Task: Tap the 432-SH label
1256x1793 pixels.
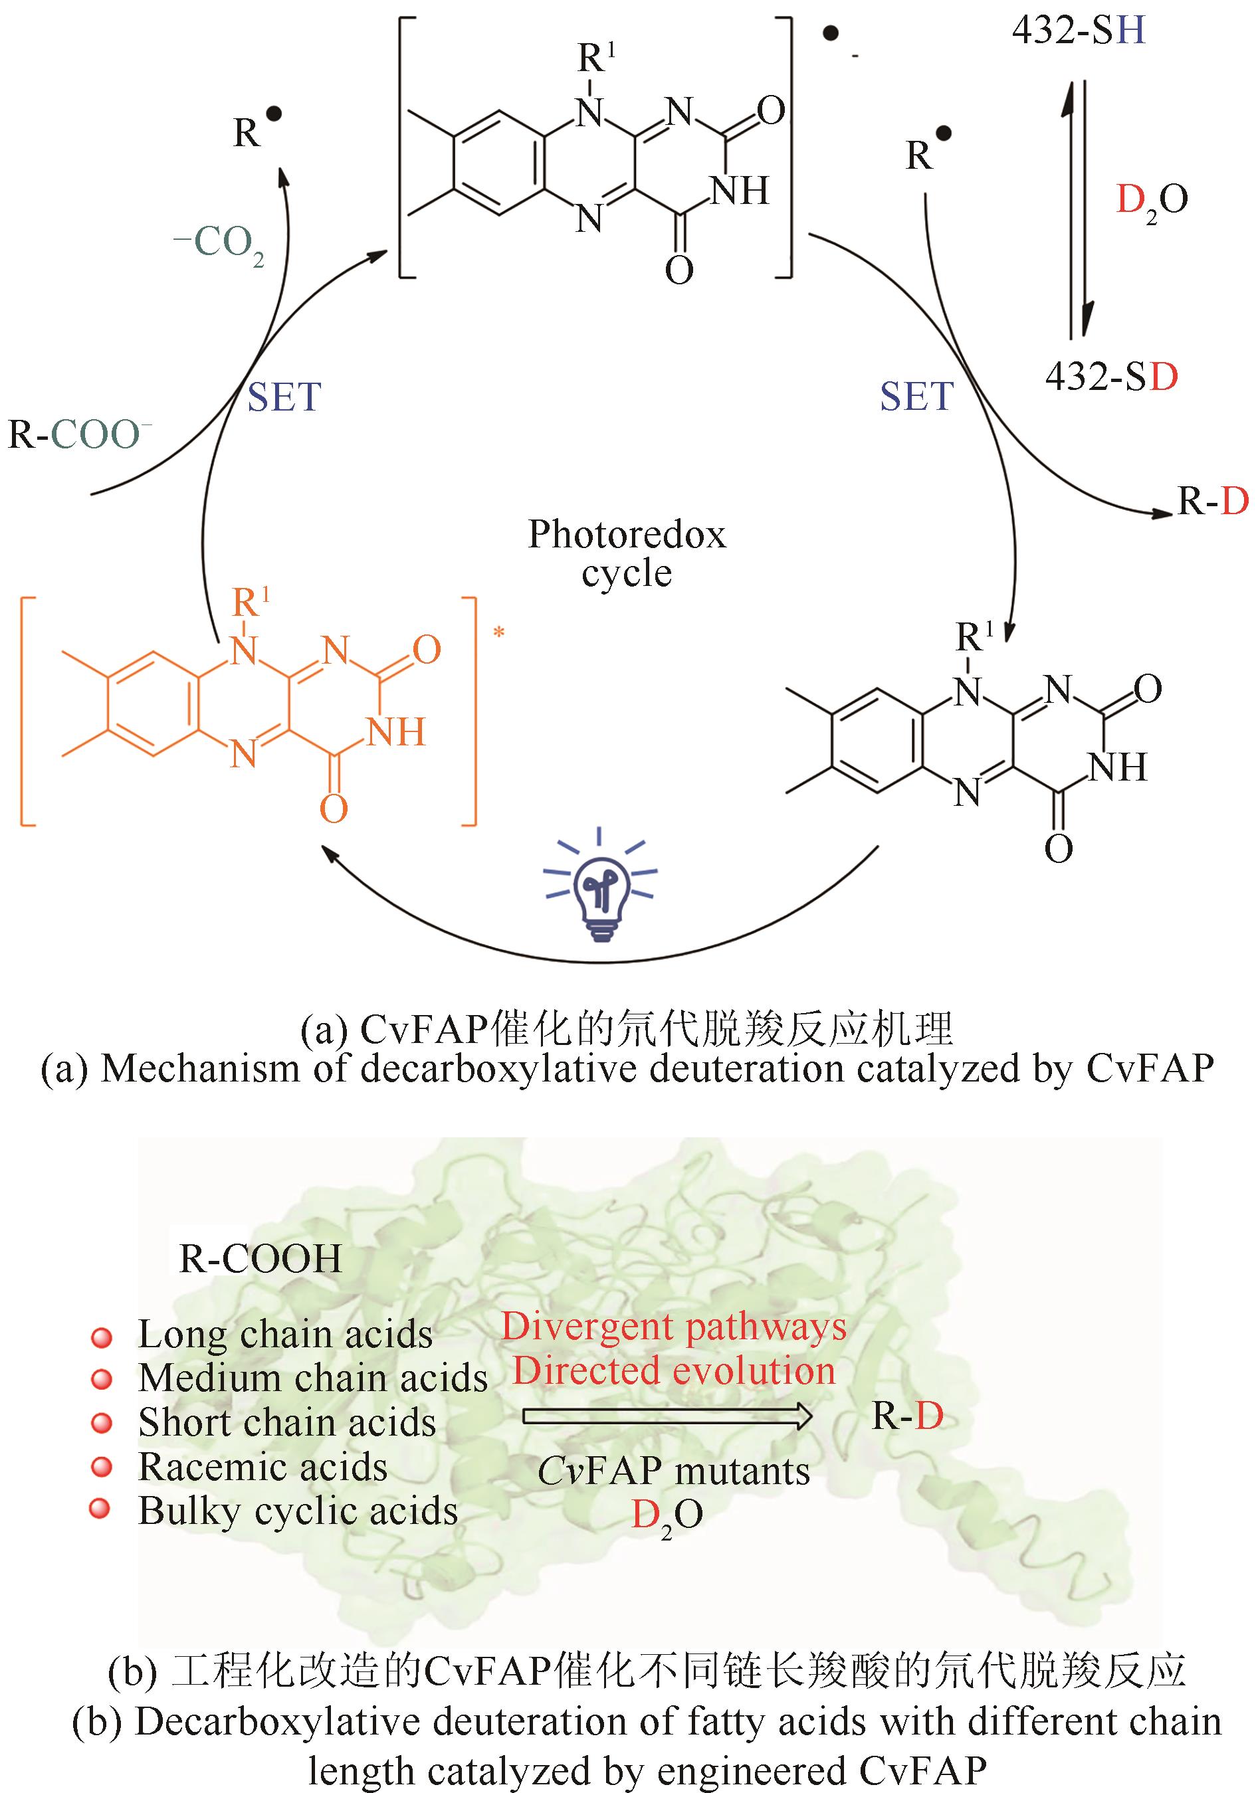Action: [x=1078, y=31]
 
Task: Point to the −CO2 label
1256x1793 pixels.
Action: [x=219, y=244]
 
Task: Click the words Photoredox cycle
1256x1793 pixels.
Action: [x=627, y=553]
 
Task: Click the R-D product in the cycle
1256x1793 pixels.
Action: [x=1212, y=502]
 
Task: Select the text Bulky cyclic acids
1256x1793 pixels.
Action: [x=298, y=1511]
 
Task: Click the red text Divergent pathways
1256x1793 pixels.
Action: [x=673, y=1327]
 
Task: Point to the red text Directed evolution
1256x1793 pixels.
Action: [x=673, y=1371]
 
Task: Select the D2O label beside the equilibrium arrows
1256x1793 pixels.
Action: [x=1151, y=201]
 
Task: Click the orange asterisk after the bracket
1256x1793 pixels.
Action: [x=498, y=632]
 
